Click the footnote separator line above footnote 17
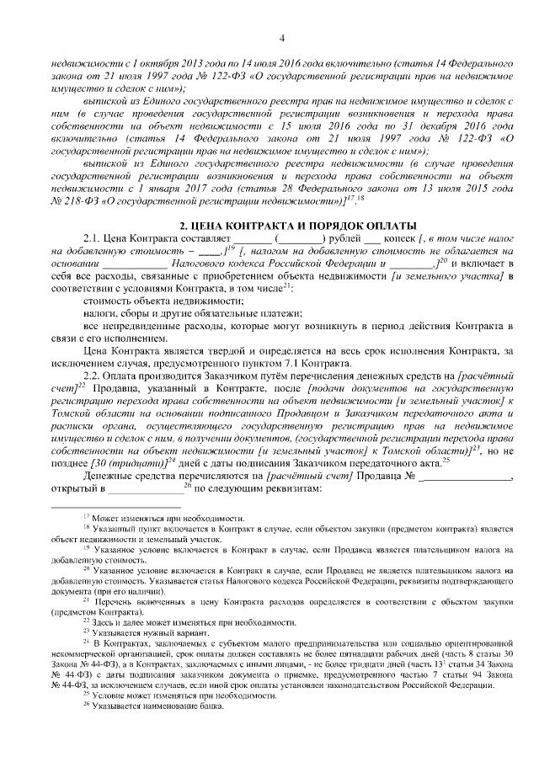pos(102,508)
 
